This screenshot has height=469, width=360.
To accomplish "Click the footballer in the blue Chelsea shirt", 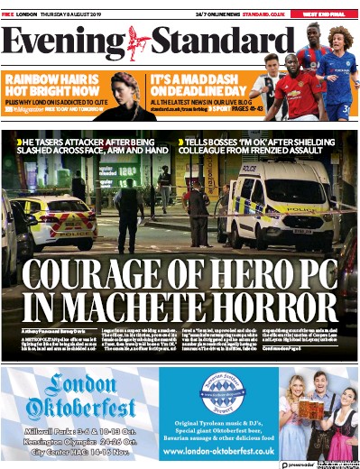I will (337, 77).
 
